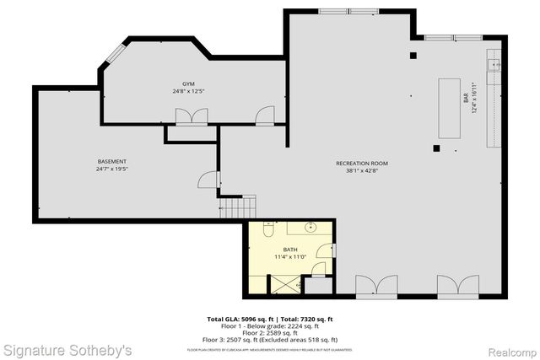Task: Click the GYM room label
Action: tap(188, 84)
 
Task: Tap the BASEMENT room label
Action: tap(112, 161)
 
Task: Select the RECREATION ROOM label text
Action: tap(361, 163)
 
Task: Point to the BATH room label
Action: tap(290, 250)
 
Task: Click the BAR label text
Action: tap(465, 97)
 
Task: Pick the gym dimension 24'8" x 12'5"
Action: tap(188, 91)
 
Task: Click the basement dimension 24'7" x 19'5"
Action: tap(112, 168)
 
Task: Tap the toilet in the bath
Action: tap(267, 230)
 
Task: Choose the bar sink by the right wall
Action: tap(495, 62)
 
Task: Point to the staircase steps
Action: tap(238, 205)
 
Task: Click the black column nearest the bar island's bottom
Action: tap(436, 148)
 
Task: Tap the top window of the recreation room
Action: tap(348, 11)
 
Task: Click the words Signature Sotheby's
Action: tap(67, 348)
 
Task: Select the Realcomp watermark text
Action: tap(508, 348)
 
